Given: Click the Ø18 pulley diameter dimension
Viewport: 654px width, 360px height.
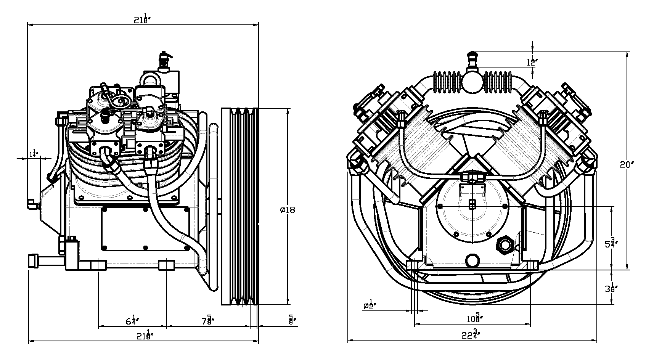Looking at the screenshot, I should (287, 210).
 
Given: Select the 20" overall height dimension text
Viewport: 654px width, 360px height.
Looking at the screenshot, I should (627, 165).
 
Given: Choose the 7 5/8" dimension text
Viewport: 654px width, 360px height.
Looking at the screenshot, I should (208, 321).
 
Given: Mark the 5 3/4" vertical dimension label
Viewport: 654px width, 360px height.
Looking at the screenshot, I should (611, 243).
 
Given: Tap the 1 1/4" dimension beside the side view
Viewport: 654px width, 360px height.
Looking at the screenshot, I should (34, 153).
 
